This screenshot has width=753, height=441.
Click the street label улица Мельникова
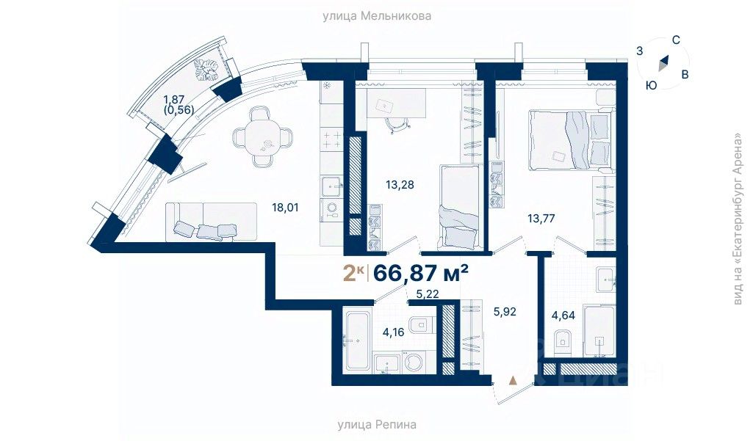click(376, 16)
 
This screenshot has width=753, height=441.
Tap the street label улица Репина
click(377, 424)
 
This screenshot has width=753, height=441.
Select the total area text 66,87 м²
click(421, 273)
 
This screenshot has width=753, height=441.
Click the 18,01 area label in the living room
click(285, 208)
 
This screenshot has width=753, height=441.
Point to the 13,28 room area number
click(400, 184)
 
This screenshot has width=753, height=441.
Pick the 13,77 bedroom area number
click(541, 219)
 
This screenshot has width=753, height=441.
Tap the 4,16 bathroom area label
click(393, 332)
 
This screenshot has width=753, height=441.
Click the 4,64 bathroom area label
click(563, 316)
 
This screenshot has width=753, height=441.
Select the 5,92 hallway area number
click(505, 311)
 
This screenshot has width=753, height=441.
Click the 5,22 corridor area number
click(428, 294)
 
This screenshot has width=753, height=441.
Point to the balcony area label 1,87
click(174, 99)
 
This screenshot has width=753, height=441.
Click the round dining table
click(263, 137)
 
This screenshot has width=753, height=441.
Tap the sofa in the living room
click(212, 222)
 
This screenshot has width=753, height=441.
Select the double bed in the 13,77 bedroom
click(569, 140)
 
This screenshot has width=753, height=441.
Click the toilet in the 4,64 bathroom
click(561, 340)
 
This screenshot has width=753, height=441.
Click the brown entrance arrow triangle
click(514, 380)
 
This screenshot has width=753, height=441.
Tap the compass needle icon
click(663, 63)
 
